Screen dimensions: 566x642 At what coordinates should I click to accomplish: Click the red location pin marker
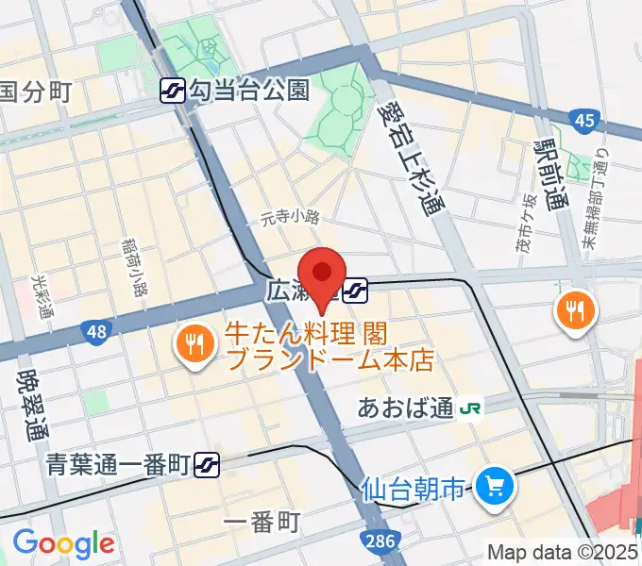point(324,275)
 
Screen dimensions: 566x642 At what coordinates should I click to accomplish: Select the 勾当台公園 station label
point(248,91)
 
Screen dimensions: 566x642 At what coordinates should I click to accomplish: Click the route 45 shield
point(583,119)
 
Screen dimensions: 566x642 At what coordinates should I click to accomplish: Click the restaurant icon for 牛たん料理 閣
point(194,344)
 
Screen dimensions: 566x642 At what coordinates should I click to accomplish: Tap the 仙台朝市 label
point(414,490)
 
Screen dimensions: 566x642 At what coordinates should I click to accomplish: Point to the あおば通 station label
point(406,408)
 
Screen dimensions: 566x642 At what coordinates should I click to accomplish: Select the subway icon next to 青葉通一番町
point(208,463)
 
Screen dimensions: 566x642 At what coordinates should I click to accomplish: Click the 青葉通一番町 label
point(120,463)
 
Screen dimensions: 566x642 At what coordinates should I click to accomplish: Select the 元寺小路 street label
point(291,217)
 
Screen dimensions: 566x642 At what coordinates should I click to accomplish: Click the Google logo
point(63,543)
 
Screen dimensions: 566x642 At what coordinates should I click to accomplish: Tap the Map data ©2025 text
point(564,552)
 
